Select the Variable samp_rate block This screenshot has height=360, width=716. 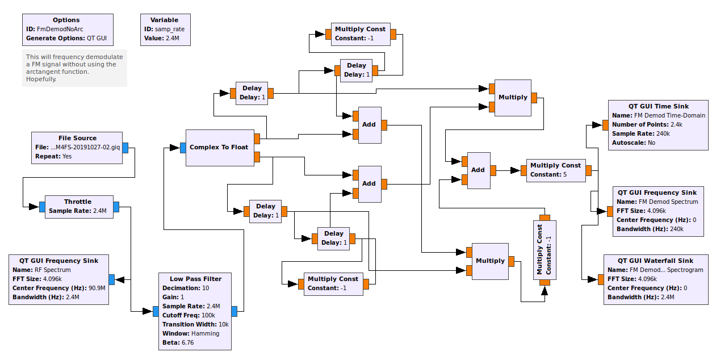pos(166,30)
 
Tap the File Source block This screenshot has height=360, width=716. pos(77,148)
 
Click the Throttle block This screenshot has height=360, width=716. pos(78,207)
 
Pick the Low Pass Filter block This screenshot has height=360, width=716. pos(195,311)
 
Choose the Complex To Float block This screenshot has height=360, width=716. pos(220,148)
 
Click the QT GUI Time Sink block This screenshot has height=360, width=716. pos(658,125)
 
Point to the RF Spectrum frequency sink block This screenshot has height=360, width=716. pos(58,279)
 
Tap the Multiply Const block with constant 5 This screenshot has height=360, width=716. pos(556,170)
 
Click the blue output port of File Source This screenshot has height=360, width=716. pos(125,148)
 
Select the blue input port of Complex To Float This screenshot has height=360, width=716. pos(183,148)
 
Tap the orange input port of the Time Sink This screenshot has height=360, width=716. pos(605,125)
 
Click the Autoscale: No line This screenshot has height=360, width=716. pos(633,143)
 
